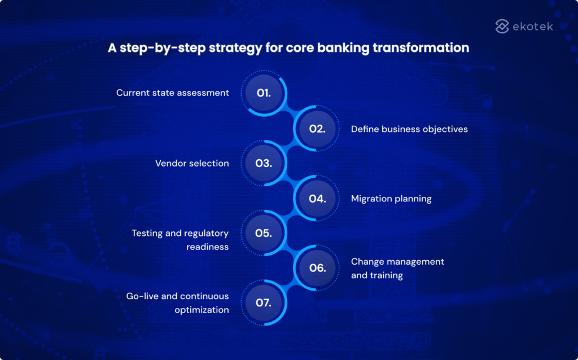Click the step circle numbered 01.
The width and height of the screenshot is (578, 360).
[x=264, y=93]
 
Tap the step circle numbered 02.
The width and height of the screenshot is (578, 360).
[x=317, y=129]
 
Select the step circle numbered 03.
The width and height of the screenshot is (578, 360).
[x=264, y=164]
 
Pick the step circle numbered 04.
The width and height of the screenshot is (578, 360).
[x=317, y=199]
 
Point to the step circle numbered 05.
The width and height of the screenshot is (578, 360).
[x=264, y=233]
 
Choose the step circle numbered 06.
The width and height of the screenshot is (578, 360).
[x=317, y=268]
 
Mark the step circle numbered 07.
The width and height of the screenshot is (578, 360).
[x=264, y=303]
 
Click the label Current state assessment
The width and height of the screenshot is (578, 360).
[x=173, y=93]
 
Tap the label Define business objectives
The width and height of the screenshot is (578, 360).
[x=409, y=129]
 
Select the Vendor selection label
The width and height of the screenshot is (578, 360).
[x=192, y=164]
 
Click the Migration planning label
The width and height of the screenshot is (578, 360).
[x=391, y=199]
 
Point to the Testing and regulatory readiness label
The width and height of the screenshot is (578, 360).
[x=180, y=240]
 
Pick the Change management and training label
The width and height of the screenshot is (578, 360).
[x=397, y=269]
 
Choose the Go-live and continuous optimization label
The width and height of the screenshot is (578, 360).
[x=178, y=303]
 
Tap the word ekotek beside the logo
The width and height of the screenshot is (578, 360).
[x=533, y=26]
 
